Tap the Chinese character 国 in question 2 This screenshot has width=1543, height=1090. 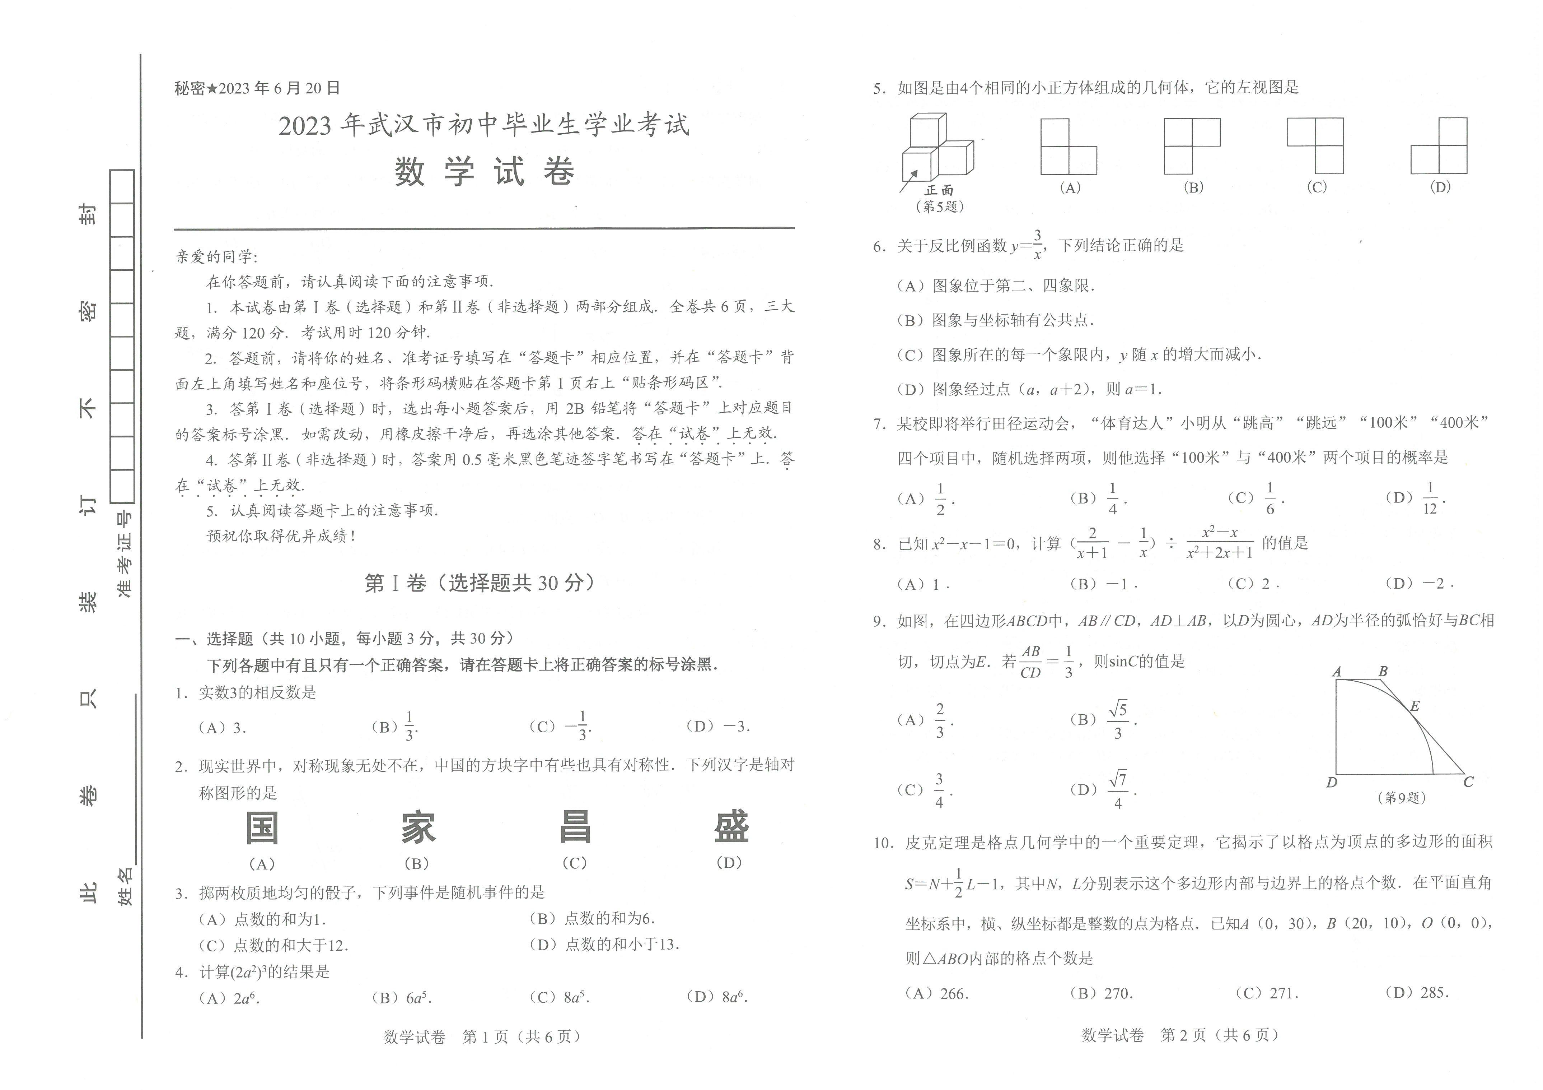coord(262,828)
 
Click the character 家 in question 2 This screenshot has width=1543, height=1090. coord(418,828)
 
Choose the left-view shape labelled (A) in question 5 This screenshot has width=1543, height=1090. coord(1069,147)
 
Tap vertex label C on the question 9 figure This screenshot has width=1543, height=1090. coord(1468,782)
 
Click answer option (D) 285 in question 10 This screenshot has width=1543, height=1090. coord(1417,993)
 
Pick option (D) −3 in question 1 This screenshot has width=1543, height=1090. coord(718,726)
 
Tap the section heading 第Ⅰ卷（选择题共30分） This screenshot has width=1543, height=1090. coord(479,583)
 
